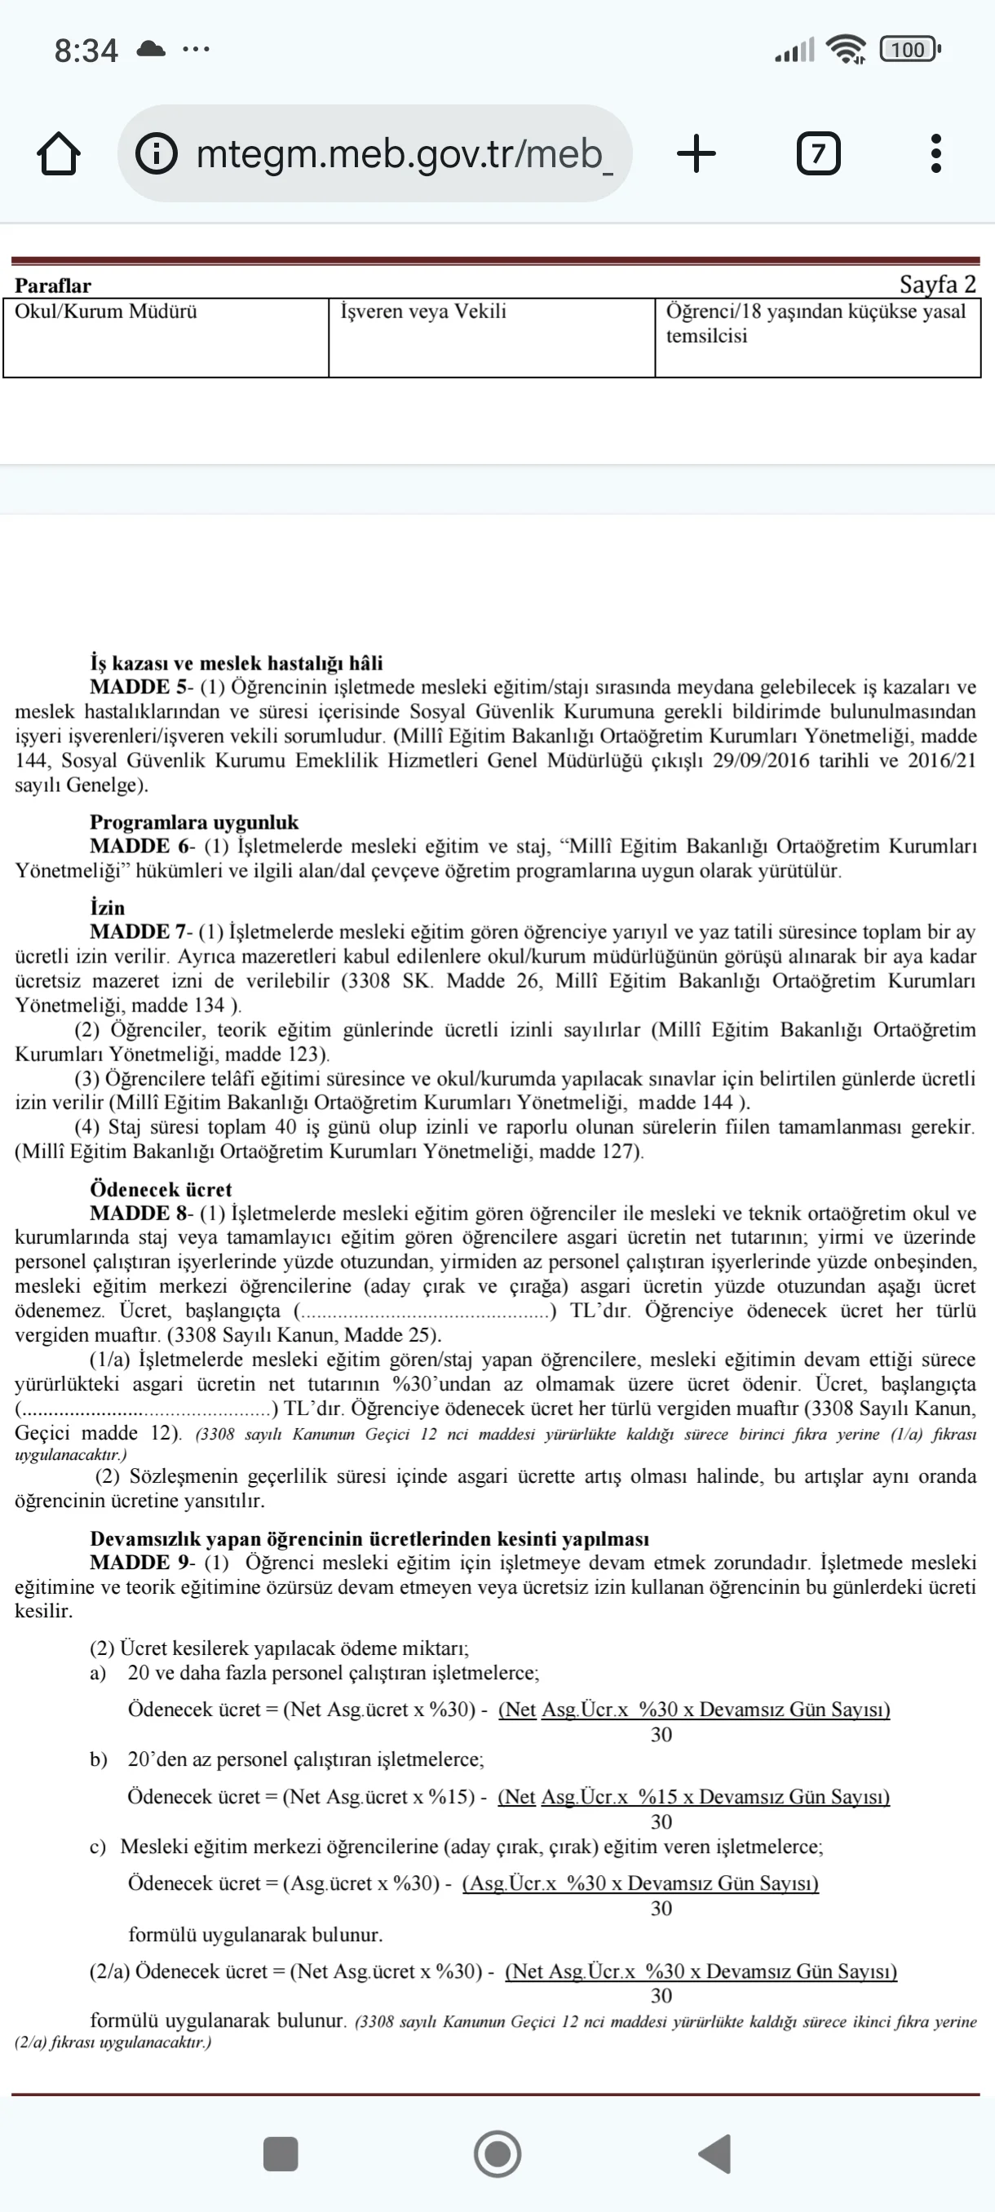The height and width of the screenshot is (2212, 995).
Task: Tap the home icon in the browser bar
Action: click(x=59, y=155)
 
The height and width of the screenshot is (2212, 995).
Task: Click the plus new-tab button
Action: click(x=696, y=155)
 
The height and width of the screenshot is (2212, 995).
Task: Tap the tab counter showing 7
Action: click(x=818, y=155)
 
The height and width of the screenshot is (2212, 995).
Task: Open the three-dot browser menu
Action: click(x=935, y=155)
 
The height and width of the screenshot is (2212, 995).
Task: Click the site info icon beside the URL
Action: click(x=157, y=155)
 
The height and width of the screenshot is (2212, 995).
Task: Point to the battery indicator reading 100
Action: click(x=909, y=50)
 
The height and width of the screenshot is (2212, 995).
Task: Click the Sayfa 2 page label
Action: click(x=937, y=284)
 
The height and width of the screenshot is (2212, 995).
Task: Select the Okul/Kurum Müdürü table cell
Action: click(x=166, y=338)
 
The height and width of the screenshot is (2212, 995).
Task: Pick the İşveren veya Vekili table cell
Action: click(x=491, y=338)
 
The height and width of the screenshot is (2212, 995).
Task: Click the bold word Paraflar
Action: click(x=52, y=286)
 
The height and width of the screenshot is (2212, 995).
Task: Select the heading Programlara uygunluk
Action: click(x=194, y=822)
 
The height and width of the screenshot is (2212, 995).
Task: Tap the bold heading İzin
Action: click(x=108, y=908)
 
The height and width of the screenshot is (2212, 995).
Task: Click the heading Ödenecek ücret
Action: click(x=161, y=1189)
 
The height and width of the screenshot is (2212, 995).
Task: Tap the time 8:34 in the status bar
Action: click(x=86, y=51)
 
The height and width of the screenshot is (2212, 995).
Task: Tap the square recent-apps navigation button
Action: click(x=280, y=2153)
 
